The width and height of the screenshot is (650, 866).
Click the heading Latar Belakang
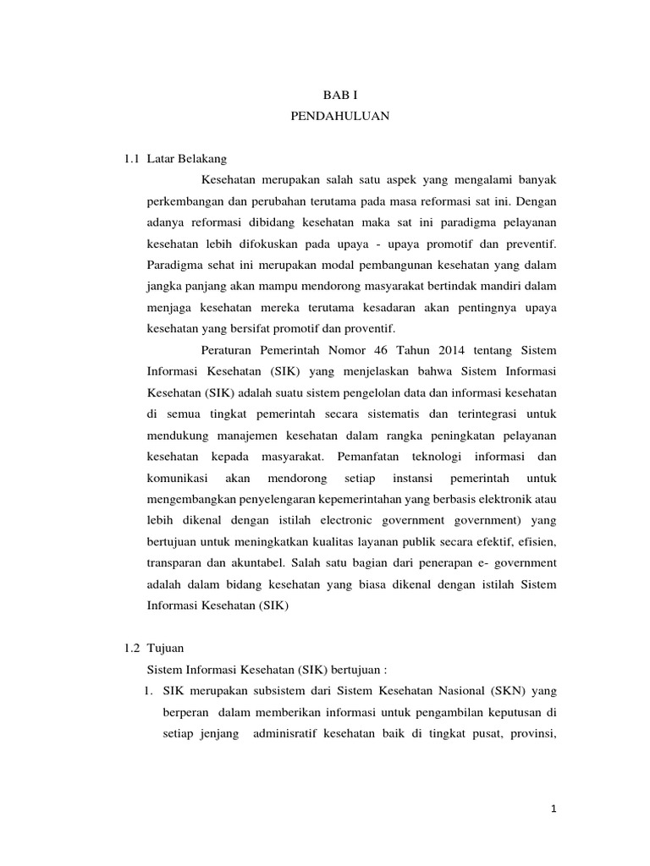coord(186,158)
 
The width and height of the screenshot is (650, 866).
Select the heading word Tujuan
coord(165,647)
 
